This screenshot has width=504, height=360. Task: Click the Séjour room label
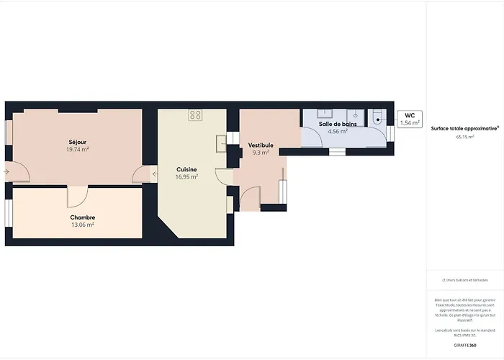coord(77,142)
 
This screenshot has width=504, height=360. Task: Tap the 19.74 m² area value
coord(77,150)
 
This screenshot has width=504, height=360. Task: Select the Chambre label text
coord(83,217)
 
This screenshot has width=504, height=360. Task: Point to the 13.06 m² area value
coord(83,225)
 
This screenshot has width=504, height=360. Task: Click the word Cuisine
coord(186,169)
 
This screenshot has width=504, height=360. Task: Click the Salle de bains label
coord(338,125)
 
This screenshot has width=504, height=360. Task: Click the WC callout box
coord(409,119)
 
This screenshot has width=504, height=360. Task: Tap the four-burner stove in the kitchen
coord(195,114)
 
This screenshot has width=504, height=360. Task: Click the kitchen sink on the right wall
coord(220,143)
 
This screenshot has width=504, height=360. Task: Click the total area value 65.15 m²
coord(464,136)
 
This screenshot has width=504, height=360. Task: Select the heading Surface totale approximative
coord(464,128)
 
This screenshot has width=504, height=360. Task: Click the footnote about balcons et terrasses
coord(464,280)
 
